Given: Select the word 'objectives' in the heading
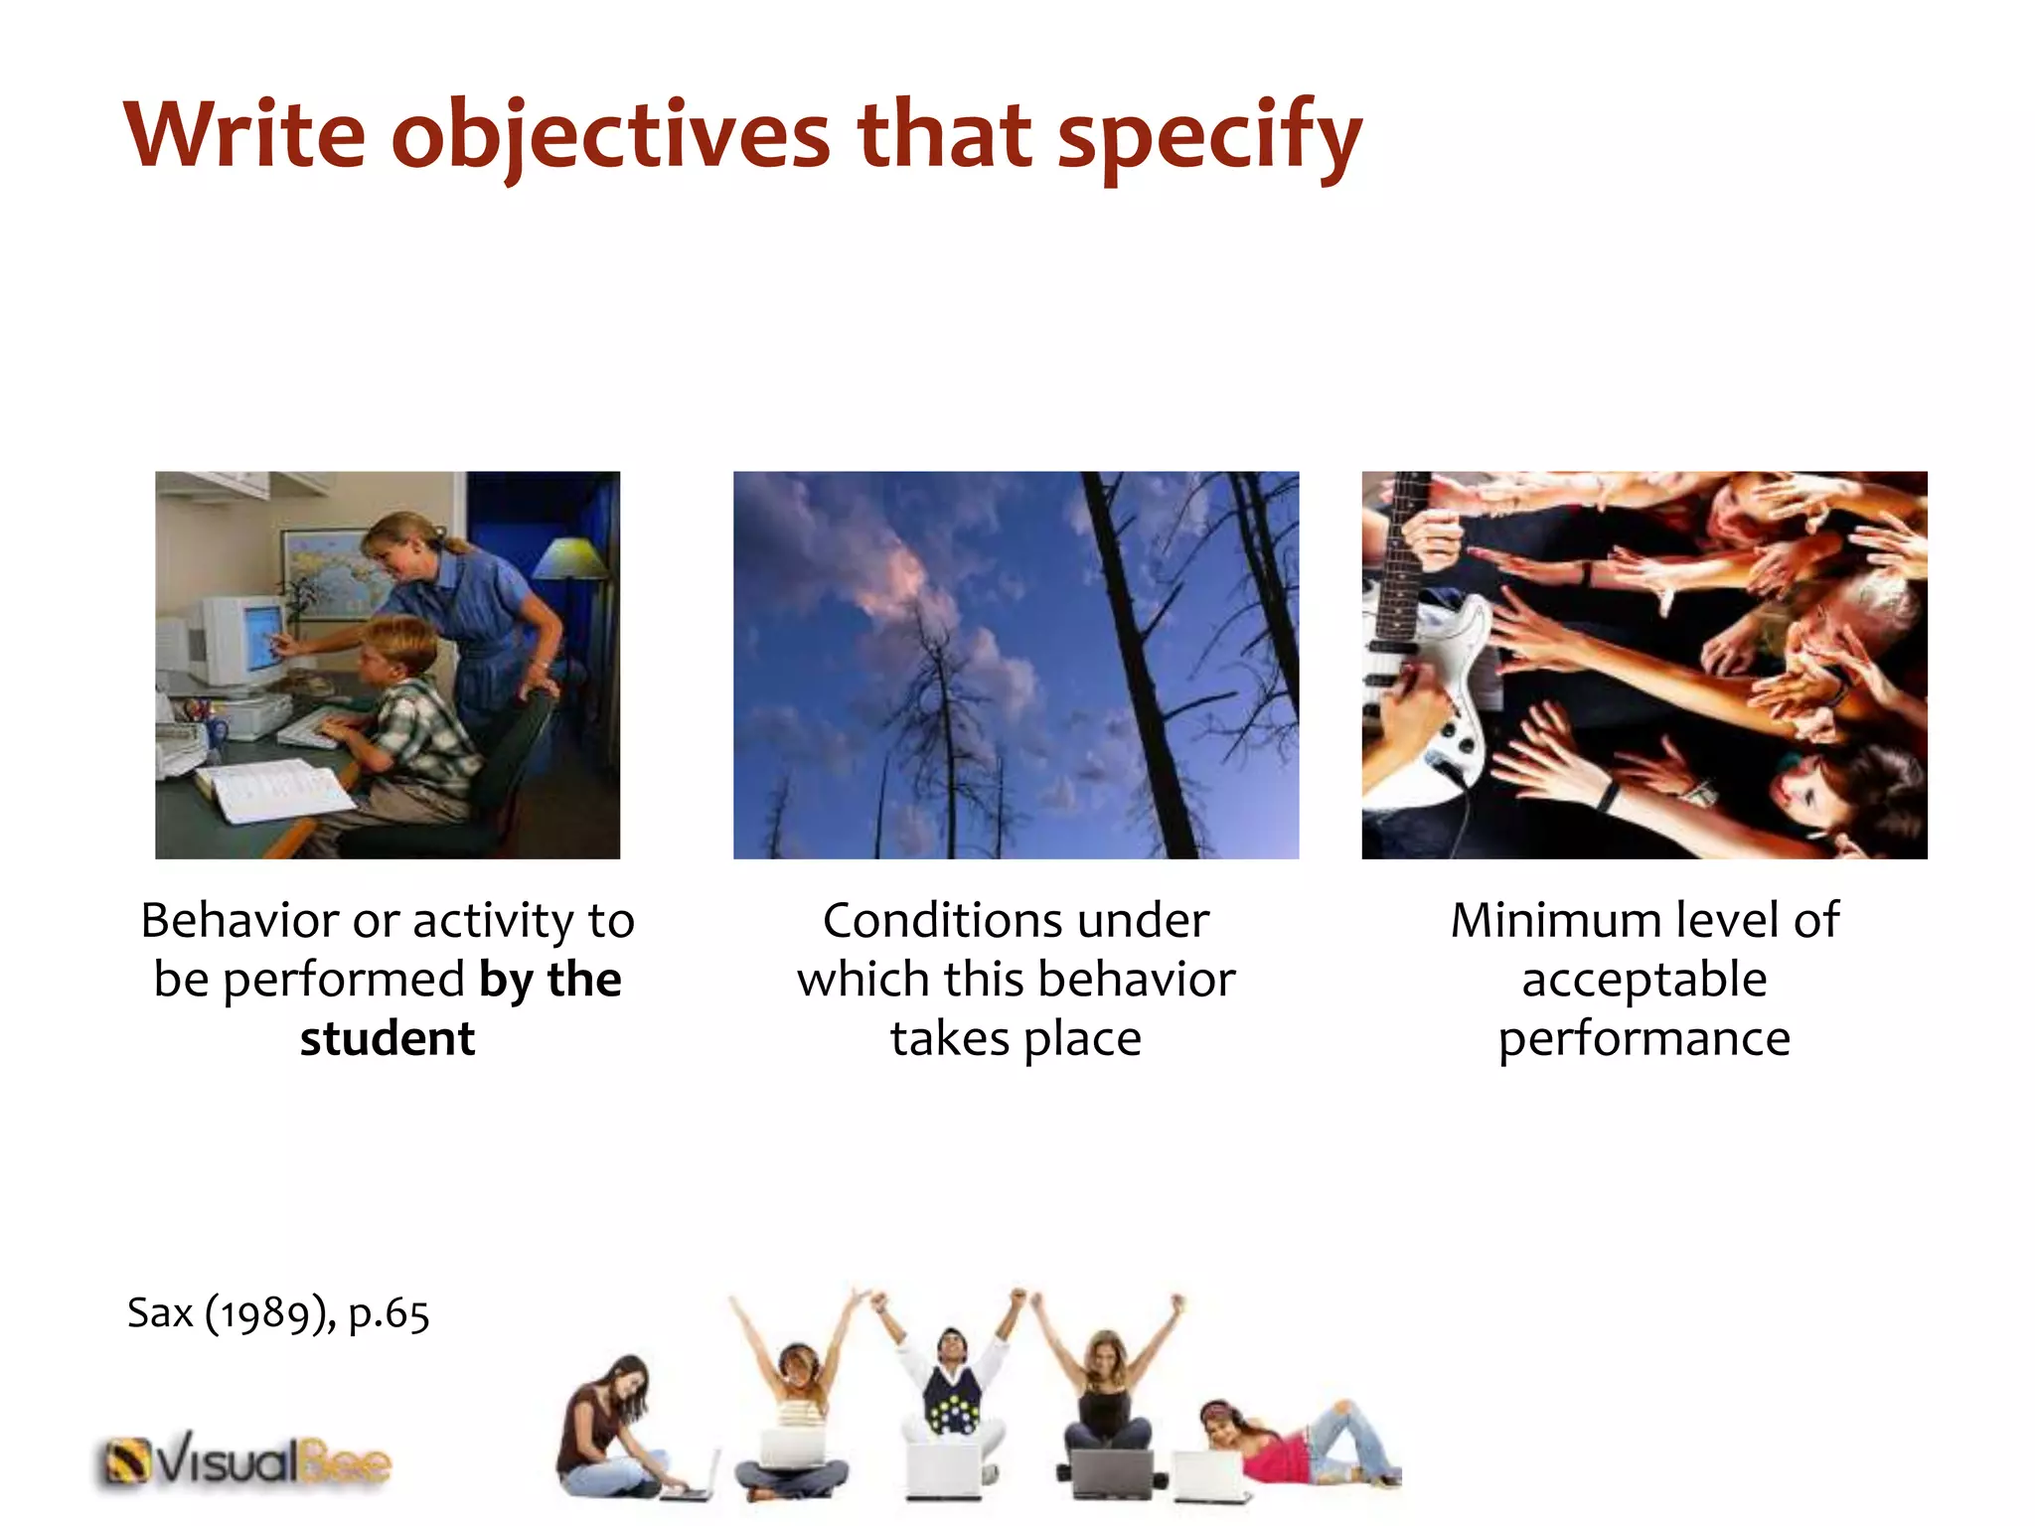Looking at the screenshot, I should pyautogui.click(x=610, y=136).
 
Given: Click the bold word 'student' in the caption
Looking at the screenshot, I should pyautogui.click(x=388, y=1039).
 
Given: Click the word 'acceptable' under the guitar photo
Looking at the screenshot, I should pyautogui.click(x=1644, y=980).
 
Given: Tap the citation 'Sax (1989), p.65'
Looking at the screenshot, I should pyautogui.click(x=278, y=1313).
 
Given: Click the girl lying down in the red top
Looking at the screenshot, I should pyautogui.click(x=1282, y=1446).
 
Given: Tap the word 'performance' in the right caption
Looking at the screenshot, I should pyautogui.click(x=1644, y=1039).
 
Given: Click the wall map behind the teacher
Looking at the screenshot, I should pyautogui.click(x=323, y=571).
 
